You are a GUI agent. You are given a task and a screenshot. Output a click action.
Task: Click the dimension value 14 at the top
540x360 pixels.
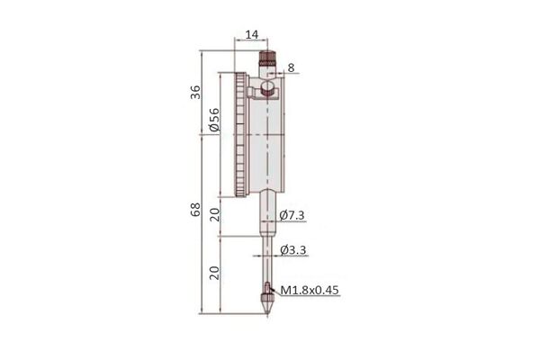tap(252, 34)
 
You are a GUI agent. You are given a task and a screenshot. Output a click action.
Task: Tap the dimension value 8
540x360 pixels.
tap(291, 67)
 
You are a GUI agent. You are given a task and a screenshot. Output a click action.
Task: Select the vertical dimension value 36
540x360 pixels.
tap(195, 92)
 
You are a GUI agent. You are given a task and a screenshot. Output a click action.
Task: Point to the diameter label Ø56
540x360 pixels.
tap(214, 120)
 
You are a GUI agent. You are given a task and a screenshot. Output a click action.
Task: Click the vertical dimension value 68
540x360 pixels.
tap(195, 210)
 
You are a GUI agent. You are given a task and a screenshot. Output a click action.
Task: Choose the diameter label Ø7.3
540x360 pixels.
tap(292, 215)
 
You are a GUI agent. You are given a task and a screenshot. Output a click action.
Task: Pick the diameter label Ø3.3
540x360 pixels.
tap(293, 250)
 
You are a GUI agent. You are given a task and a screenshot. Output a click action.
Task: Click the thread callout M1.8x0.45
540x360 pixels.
tap(310, 290)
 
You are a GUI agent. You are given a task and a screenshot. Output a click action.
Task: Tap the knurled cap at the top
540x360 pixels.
tap(267, 58)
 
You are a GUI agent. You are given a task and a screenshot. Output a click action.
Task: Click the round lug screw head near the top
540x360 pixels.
tap(268, 88)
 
